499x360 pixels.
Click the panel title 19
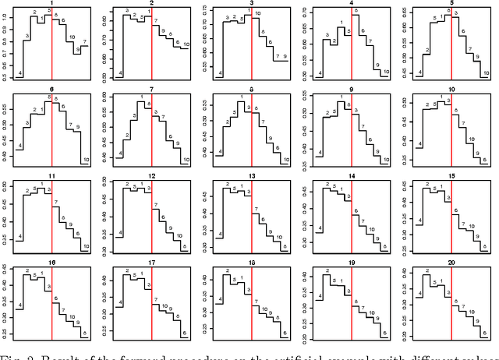pyautogui.click(x=352, y=264)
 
